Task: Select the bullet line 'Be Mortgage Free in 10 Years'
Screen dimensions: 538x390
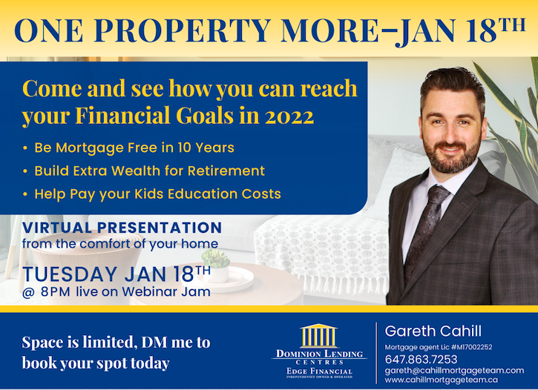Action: [x=134, y=148]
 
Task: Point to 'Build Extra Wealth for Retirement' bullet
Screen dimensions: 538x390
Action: [x=150, y=171]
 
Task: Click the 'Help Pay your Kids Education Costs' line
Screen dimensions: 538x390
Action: [x=157, y=194]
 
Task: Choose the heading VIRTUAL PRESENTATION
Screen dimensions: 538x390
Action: [x=122, y=228]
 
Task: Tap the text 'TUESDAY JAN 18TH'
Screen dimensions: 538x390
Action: [x=117, y=274]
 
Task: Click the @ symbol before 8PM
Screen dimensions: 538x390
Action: [x=28, y=293]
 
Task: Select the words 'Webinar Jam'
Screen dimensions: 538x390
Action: [x=166, y=291]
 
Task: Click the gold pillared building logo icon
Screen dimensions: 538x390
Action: [x=318, y=336]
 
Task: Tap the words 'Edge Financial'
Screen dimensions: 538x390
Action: [x=319, y=371]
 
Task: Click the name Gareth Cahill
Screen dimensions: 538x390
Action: [x=433, y=331]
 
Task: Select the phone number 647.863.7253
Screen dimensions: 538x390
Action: [x=421, y=359]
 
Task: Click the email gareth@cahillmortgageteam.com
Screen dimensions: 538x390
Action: [x=454, y=371]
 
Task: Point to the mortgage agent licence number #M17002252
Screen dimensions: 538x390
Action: [x=472, y=347]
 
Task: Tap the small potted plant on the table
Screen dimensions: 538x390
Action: [x=216, y=264]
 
